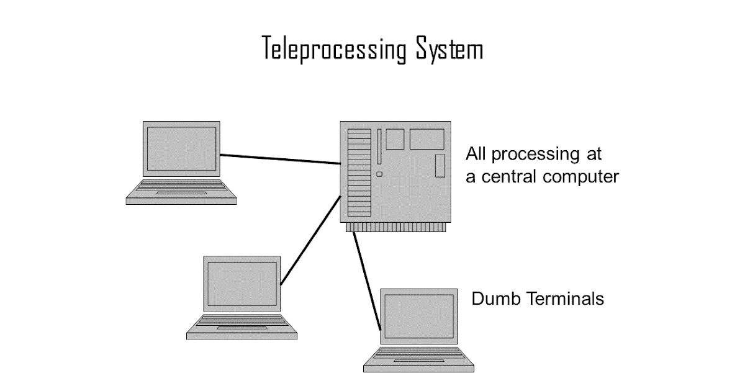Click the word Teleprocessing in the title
pos(334,49)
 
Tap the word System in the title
pos(449,49)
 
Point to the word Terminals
pos(566,299)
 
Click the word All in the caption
pos(476,154)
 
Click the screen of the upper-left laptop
pos(181,148)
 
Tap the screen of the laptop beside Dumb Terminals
pos(419,316)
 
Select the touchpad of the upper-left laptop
pos(181,193)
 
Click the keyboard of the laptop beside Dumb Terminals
pos(419,353)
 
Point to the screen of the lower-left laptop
pos(242,284)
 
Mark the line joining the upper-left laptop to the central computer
pos(281,160)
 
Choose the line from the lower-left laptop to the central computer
pos(310,240)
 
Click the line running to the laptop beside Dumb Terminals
pos(367,281)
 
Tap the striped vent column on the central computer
pos(359,173)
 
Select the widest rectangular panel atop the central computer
pos(427,139)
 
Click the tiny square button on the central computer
pos(379,174)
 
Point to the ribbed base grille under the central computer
pos(396,227)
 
